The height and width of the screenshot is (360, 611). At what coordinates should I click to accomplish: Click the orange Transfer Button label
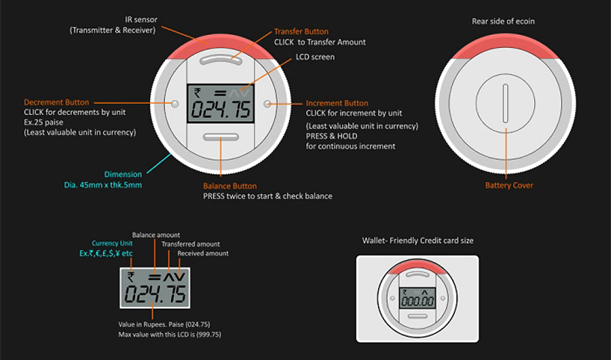pos(301,31)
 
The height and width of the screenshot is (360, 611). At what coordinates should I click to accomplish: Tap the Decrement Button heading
pos(57,102)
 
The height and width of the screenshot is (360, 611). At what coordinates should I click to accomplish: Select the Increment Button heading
pos(337,103)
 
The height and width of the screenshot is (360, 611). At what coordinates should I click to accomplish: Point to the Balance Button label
pos(230,186)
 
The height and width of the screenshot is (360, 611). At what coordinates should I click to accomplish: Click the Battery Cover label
pos(509,185)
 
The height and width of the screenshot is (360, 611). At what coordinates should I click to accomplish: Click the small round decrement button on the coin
pos(175,104)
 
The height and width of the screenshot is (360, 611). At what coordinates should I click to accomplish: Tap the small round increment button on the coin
pos(267,104)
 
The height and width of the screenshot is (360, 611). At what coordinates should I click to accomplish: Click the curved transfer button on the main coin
pos(220,59)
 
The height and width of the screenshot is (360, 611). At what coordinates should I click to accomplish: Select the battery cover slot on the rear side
pos(506,103)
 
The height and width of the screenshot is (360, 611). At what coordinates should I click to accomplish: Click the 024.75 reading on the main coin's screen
pos(220,110)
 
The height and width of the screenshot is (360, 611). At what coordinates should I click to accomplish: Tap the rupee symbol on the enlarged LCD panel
pos(131,277)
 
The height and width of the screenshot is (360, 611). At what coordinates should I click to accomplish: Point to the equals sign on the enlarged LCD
pos(155,277)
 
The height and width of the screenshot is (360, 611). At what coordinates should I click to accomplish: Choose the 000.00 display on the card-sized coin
pos(418,301)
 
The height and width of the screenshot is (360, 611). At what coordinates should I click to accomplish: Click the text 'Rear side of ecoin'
pos(503,22)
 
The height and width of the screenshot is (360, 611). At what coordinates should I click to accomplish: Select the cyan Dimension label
pos(123,174)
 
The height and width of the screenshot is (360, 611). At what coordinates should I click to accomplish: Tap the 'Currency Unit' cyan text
pos(112,243)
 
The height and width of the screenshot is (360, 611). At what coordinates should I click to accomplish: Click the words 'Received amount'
pos(203,253)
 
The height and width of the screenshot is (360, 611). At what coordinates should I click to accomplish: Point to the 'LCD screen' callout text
pos(315,57)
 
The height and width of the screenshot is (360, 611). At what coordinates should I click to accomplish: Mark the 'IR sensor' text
pos(141,19)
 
